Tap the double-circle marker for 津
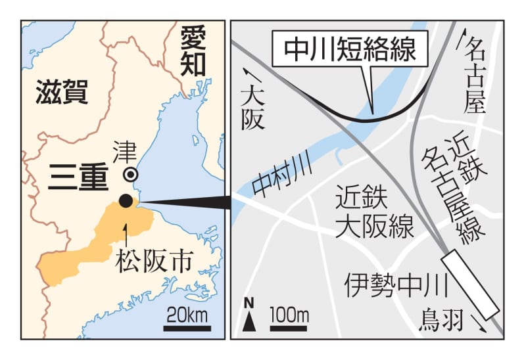click(131, 174)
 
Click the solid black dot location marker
click(126, 201)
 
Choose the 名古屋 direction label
click(474, 76)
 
